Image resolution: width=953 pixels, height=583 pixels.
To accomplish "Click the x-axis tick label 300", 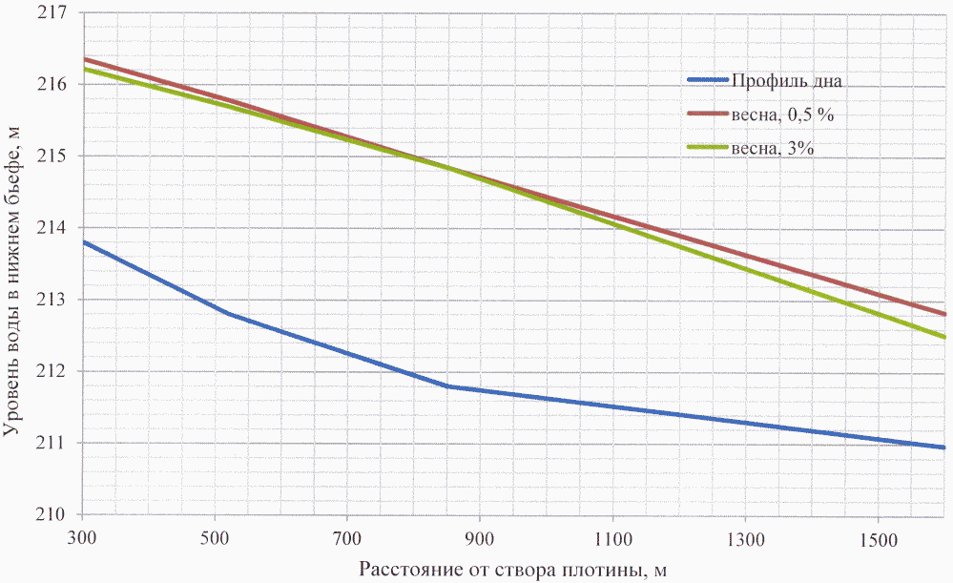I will point(82,539).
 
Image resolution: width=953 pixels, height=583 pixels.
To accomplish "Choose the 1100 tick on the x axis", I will point(612,539).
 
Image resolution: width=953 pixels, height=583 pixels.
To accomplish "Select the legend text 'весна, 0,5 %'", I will point(788,115).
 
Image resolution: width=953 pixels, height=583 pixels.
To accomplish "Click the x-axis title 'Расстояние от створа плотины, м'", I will point(512,570).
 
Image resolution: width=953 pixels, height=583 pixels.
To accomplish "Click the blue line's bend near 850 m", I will point(447,386).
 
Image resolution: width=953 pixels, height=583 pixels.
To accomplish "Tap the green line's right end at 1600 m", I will point(944,337).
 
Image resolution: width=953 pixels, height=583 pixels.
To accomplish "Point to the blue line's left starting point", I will point(83,242).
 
